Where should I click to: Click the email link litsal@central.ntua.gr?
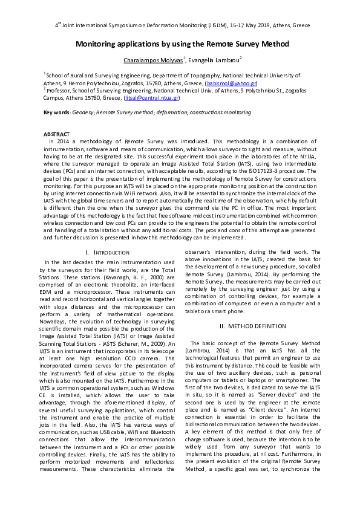point(151,98)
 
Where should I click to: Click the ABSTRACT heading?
point(56,133)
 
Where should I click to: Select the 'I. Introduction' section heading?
point(107,251)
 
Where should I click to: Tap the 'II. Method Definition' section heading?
point(252,326)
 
